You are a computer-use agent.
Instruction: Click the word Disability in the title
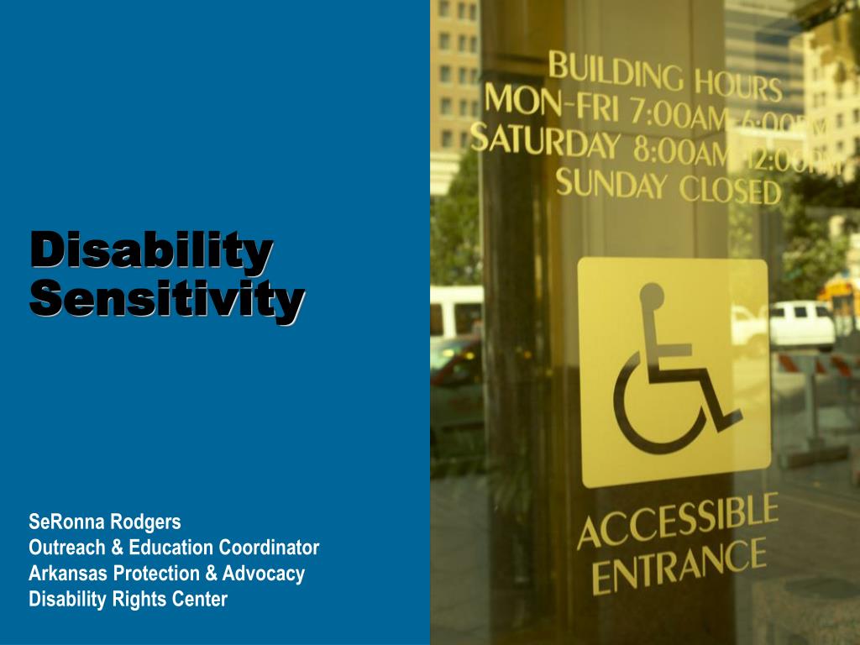coord(151,250)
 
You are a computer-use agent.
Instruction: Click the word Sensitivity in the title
coord(166,300)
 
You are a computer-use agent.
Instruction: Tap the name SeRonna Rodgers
coord(105,522)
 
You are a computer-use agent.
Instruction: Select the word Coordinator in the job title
coord(270,548)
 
